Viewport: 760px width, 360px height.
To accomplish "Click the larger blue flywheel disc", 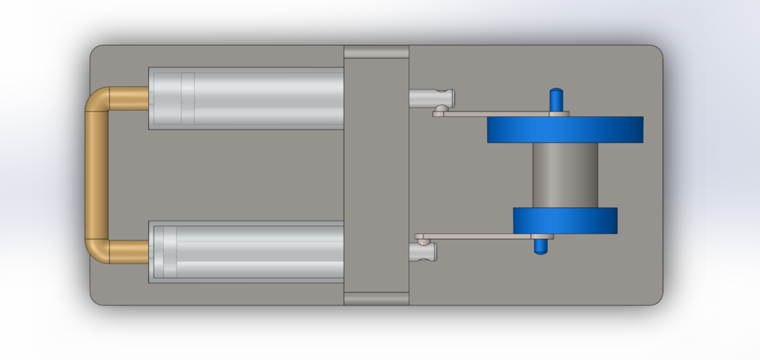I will [564, 129].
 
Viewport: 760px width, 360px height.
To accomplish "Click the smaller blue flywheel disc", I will [564, 221].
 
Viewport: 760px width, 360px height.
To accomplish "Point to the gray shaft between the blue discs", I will [564, 175].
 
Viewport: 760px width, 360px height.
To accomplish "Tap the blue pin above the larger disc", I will [557, 100].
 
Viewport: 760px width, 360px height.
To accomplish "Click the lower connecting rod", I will [475, 236].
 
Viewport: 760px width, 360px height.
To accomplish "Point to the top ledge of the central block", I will [376, 52].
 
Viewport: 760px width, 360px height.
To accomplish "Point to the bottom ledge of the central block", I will [376, 298].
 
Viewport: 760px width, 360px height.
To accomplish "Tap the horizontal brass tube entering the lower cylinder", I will [131, 252].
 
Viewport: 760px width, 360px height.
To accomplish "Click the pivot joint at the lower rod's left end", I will [422, 237].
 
